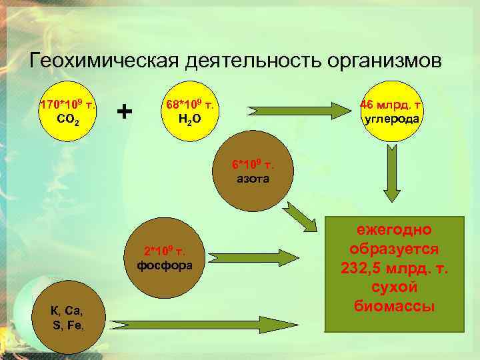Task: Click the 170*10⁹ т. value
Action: [x=68, y=105]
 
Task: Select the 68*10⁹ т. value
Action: [x=190, y=105]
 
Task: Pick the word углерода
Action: [x=391, y=119]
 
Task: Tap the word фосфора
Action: [x=165, y=265]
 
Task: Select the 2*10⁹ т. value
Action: [x=165, y=251]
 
